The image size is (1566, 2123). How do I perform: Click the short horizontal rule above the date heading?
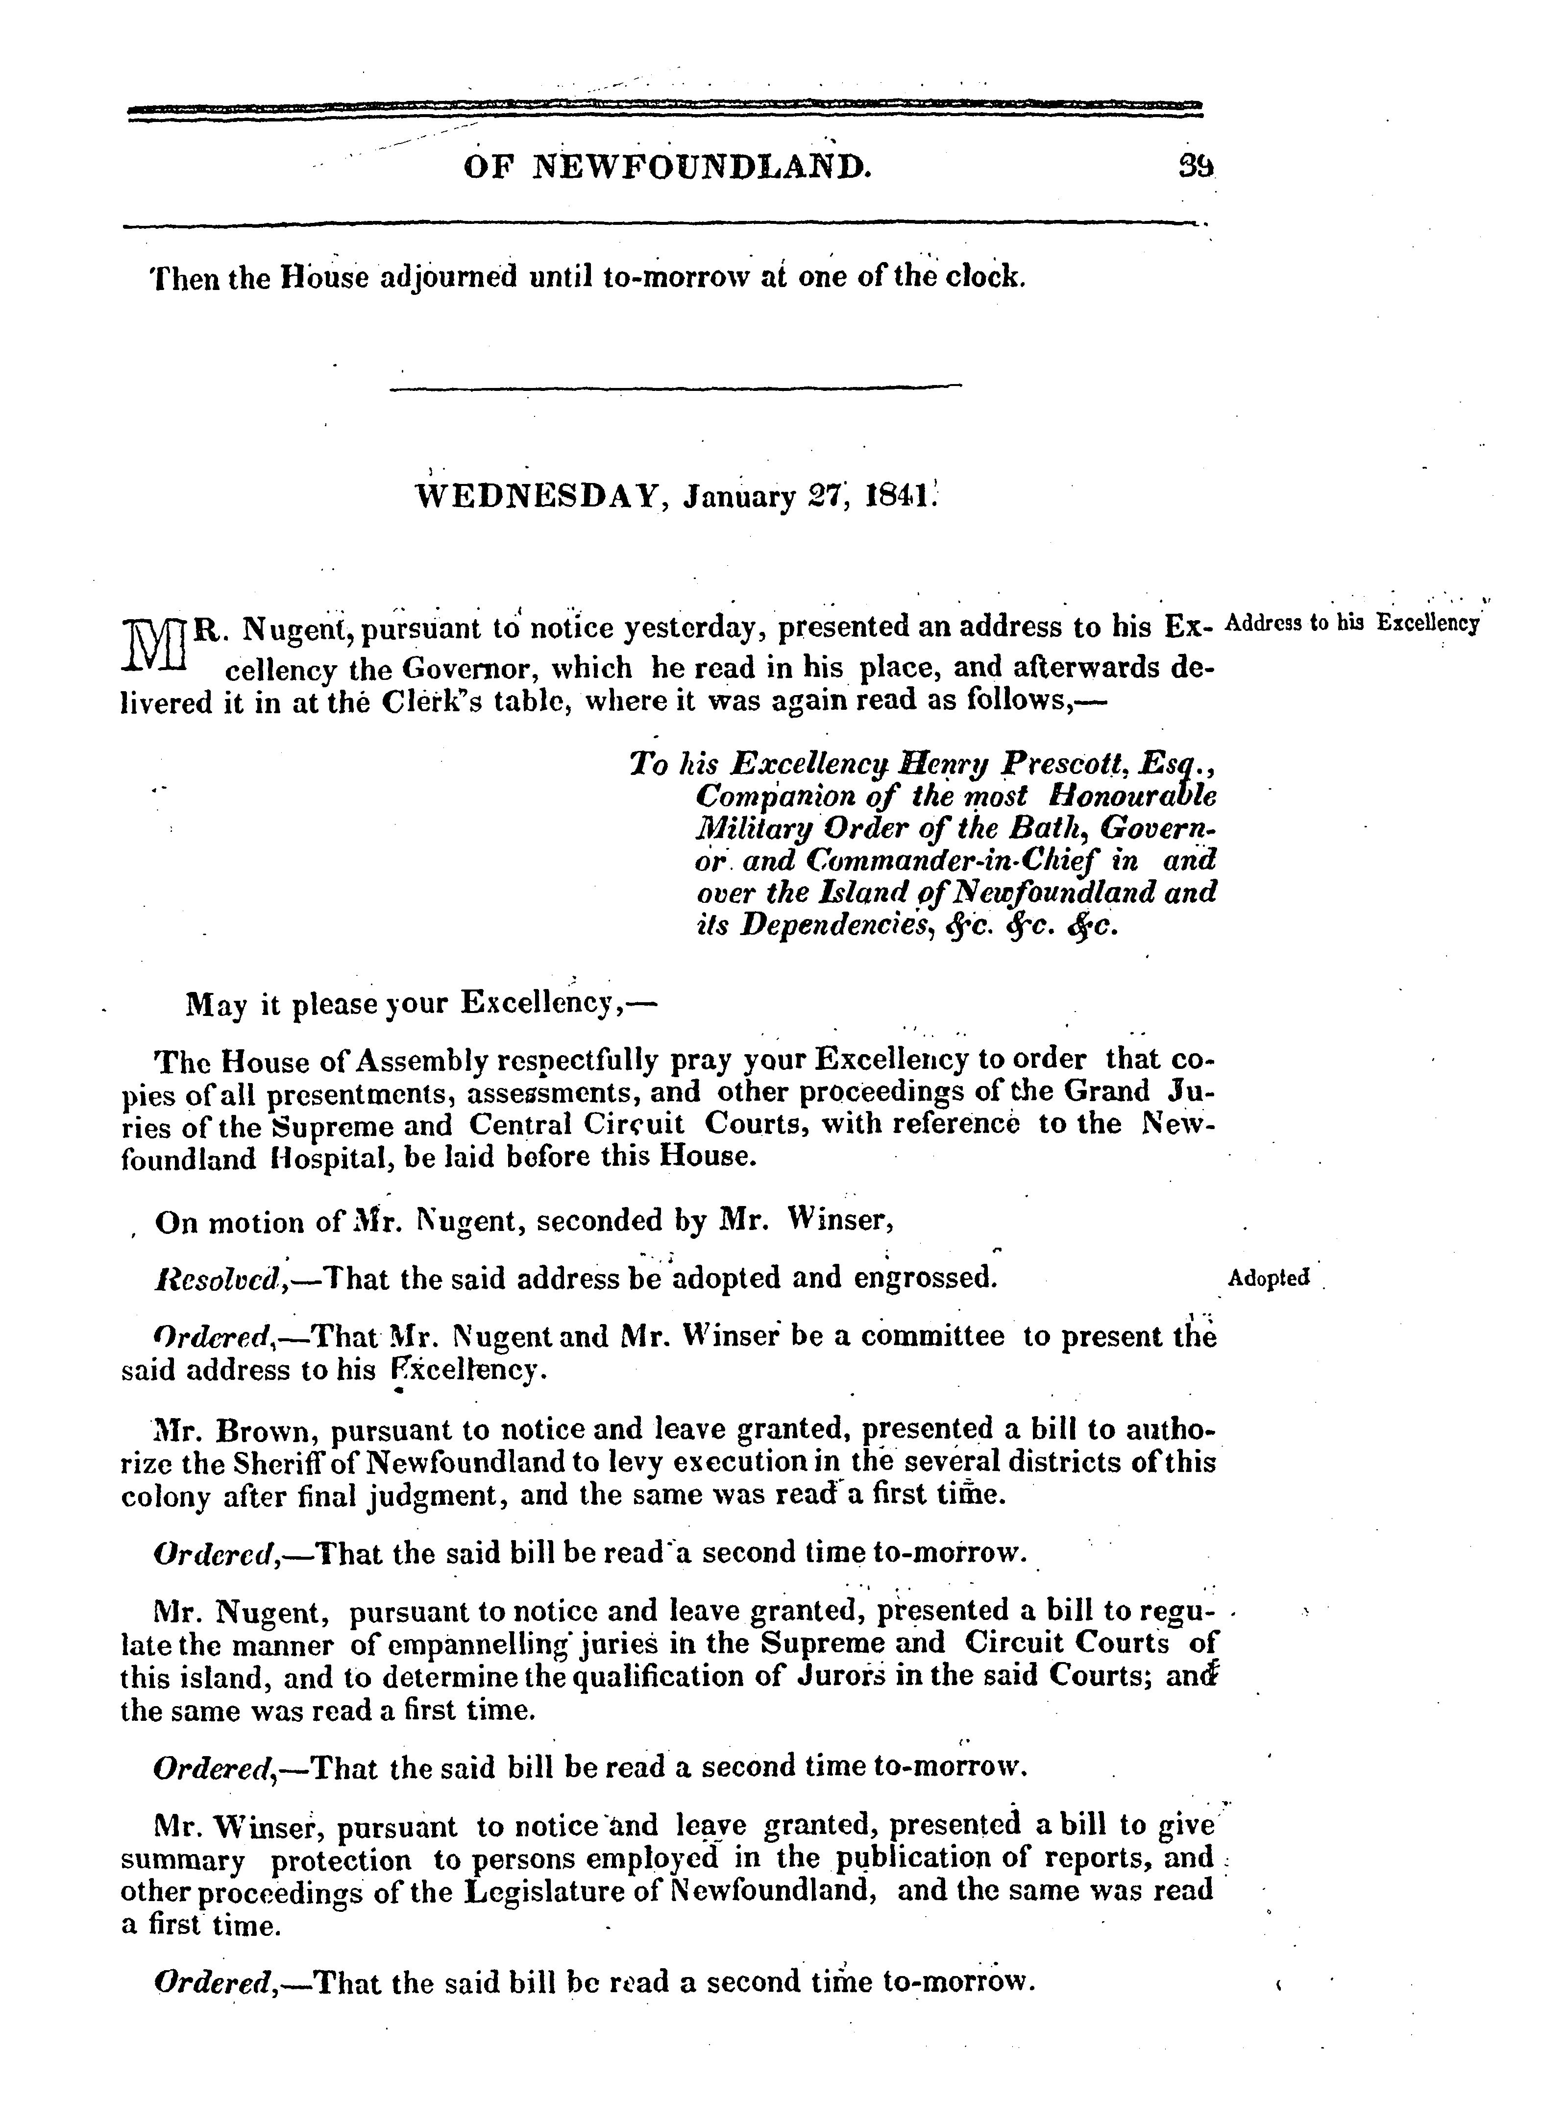pos(675,386)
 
